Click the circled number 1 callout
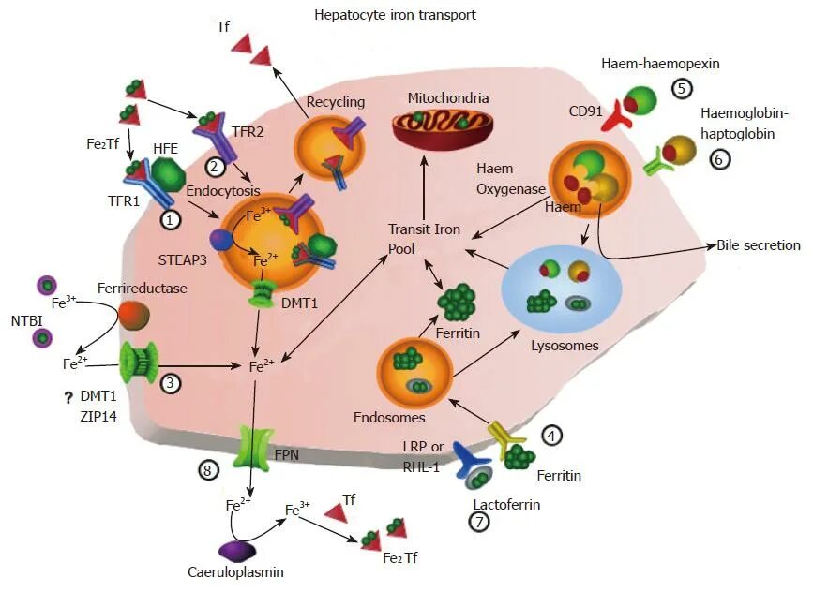pyautogui.click(x=172, y=220)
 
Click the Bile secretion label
pyautogui.click(x=758, y=245)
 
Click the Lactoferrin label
pyautogui.click(x=507, y=504)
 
